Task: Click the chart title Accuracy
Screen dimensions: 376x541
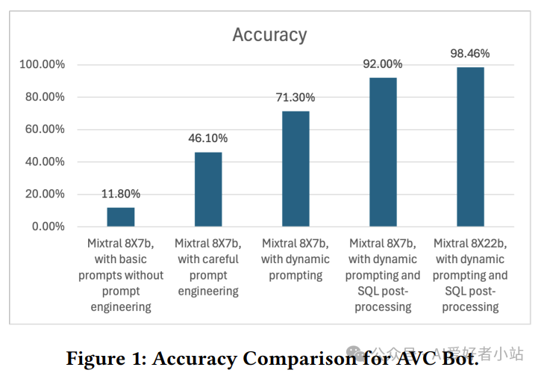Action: pos(269,35)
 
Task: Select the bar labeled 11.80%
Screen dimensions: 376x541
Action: pos(120,217)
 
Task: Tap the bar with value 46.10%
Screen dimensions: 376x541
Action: pos(208,189)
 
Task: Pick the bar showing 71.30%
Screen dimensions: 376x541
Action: pos(295,169)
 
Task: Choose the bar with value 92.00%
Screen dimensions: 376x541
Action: pos(383,152)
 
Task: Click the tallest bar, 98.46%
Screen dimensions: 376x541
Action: pos(470,147)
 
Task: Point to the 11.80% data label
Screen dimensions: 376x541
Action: pos(120,194)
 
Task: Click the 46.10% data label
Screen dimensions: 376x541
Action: pos(208,138)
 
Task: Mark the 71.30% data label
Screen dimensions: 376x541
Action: pos(295,97)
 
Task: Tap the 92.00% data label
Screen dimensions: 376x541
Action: pos(383,64)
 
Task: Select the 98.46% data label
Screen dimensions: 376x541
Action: pos(470,54)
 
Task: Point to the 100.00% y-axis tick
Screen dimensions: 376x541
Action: pos(42,65)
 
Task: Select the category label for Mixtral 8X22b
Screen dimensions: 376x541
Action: pos(470,274)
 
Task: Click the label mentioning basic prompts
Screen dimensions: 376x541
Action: pos(120,274)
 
